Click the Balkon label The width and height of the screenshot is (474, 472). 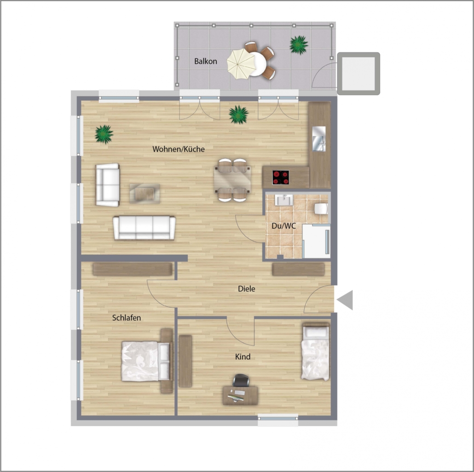click(x=206, y=61)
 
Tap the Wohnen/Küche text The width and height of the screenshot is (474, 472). click(x=179, y=149)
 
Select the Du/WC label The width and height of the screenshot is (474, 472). click(x=283, y=226)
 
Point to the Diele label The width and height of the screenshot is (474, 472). click(x=246, y=288)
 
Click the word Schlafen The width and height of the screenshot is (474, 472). click(x=127, y=317)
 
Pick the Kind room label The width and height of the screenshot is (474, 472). click(x=243, y=357)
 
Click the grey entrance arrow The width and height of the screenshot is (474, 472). click(x=345, y=300)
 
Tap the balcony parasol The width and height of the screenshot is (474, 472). click(x=241, y=64)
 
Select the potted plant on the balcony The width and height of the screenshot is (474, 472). click(x=299, y=45)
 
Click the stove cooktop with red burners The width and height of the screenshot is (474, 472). click(x=281, y=178)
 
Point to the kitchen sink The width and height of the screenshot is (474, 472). click(x=319, y=138)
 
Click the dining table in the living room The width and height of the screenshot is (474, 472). click(x=232, y=180)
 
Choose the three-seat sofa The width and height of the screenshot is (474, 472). click(x=144, y=228)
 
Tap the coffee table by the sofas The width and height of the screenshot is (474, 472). click(x=145, y=193)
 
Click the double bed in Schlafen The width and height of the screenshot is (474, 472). click(x=146, y=362)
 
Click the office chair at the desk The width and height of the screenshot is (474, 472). click(x=241, y=380)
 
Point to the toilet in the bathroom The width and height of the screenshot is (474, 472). click(x=321, y=208)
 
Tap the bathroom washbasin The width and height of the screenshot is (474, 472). click(x=283, y=200)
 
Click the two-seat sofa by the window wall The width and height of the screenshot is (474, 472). click(x=108, y=185)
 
